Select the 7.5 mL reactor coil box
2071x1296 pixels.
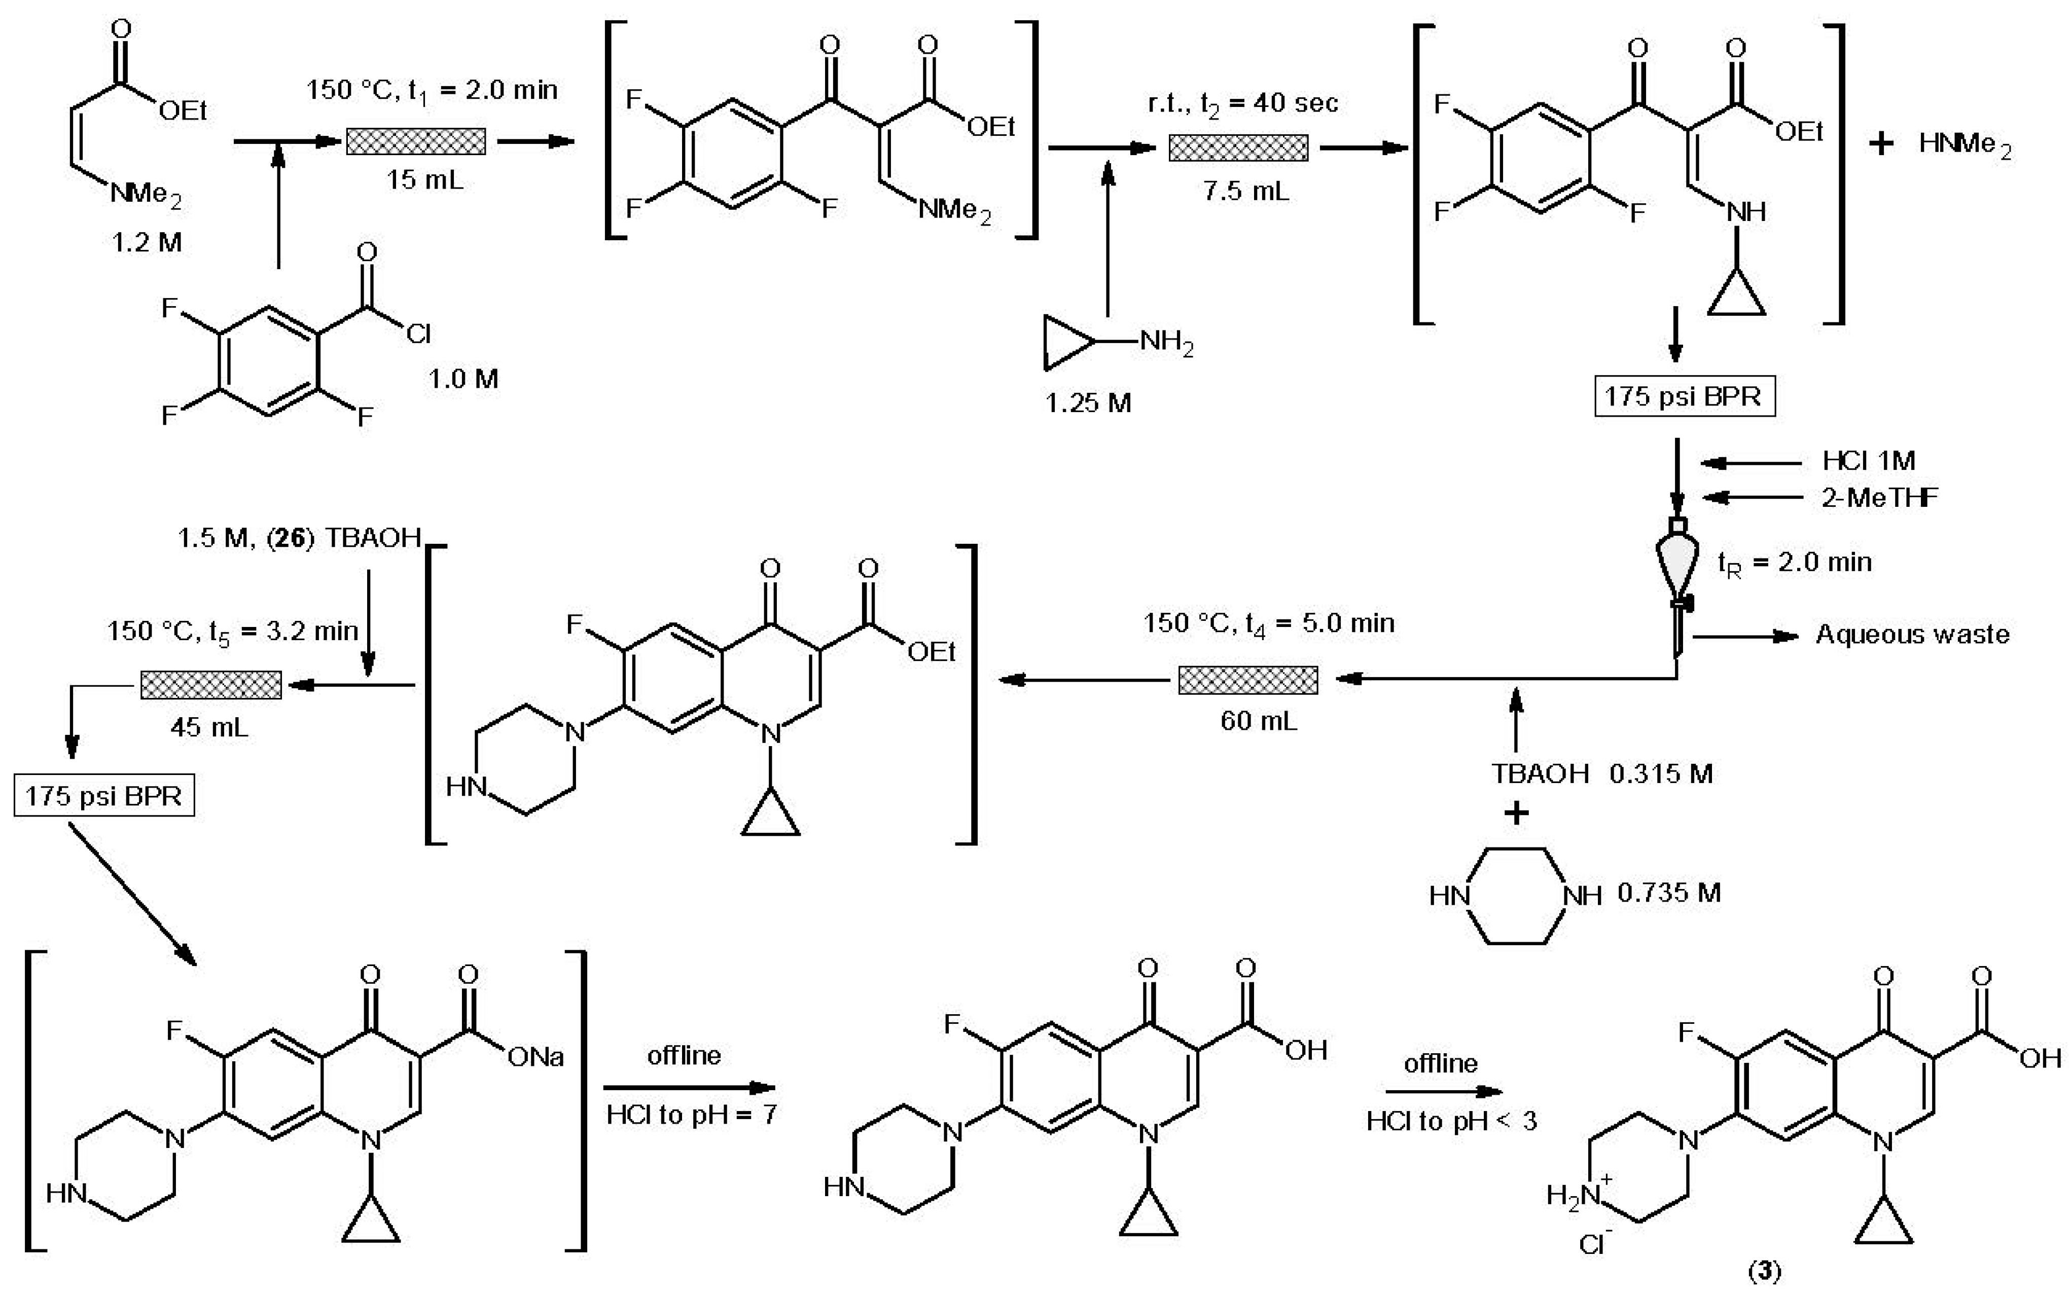click(x=1238, y=147)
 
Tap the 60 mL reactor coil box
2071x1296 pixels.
click(x=1248, y=680)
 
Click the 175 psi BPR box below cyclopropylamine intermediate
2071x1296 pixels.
click(x=1684, y=396)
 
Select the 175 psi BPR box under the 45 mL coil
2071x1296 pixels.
click(x=104, y=796)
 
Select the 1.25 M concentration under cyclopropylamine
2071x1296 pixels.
click(x=1087, y=403)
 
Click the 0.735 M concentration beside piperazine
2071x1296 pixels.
click(x=1669, y=893)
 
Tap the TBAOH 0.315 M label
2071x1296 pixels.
click(x=1601, y=774)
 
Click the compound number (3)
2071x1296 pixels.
click(x=1764, y=1273)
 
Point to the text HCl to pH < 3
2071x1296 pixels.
click(x=1451, y=1121)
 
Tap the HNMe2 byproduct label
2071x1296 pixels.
click(x=1964, y=144)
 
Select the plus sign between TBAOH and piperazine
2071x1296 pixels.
click(x=1516, y=812)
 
